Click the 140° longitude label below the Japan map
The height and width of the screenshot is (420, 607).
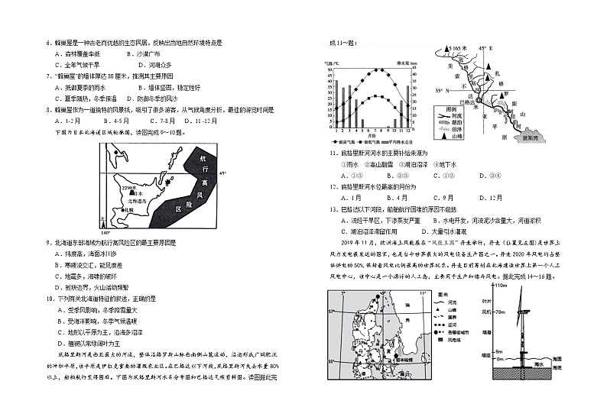click(x=105, y=231)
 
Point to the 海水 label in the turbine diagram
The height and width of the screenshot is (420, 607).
click(x=538, y=365)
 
